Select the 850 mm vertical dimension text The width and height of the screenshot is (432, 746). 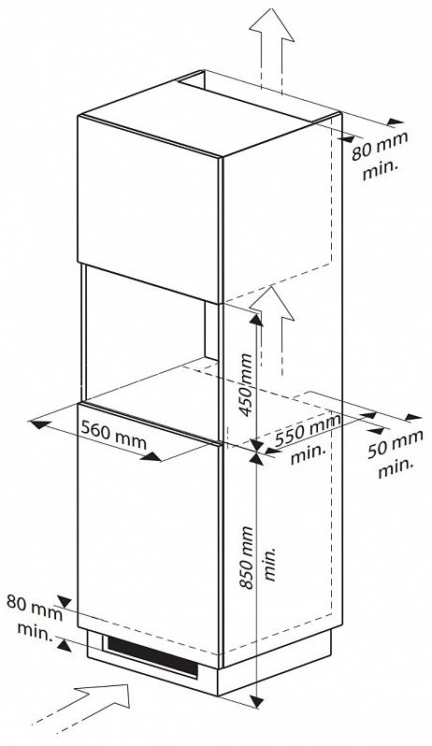tap(247, 557)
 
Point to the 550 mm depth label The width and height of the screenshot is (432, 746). tap(308, 430)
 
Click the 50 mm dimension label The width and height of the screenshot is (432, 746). tap(395, 444)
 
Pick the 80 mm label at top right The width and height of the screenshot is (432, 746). tap(380, 146)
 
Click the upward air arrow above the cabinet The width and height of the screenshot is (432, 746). tap(271, 50)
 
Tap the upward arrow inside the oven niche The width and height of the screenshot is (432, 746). tap(272, 331)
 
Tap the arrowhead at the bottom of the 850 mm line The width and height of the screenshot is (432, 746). tap(257, 701)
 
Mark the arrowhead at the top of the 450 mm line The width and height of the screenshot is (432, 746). tap(256, 319)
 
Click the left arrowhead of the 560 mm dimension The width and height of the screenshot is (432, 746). tap(40, 423)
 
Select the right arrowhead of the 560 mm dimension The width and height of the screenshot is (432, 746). tap(152, 457)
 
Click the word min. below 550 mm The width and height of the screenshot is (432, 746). tap(309, 454)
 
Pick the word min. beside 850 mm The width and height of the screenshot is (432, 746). tap(269, 564)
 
